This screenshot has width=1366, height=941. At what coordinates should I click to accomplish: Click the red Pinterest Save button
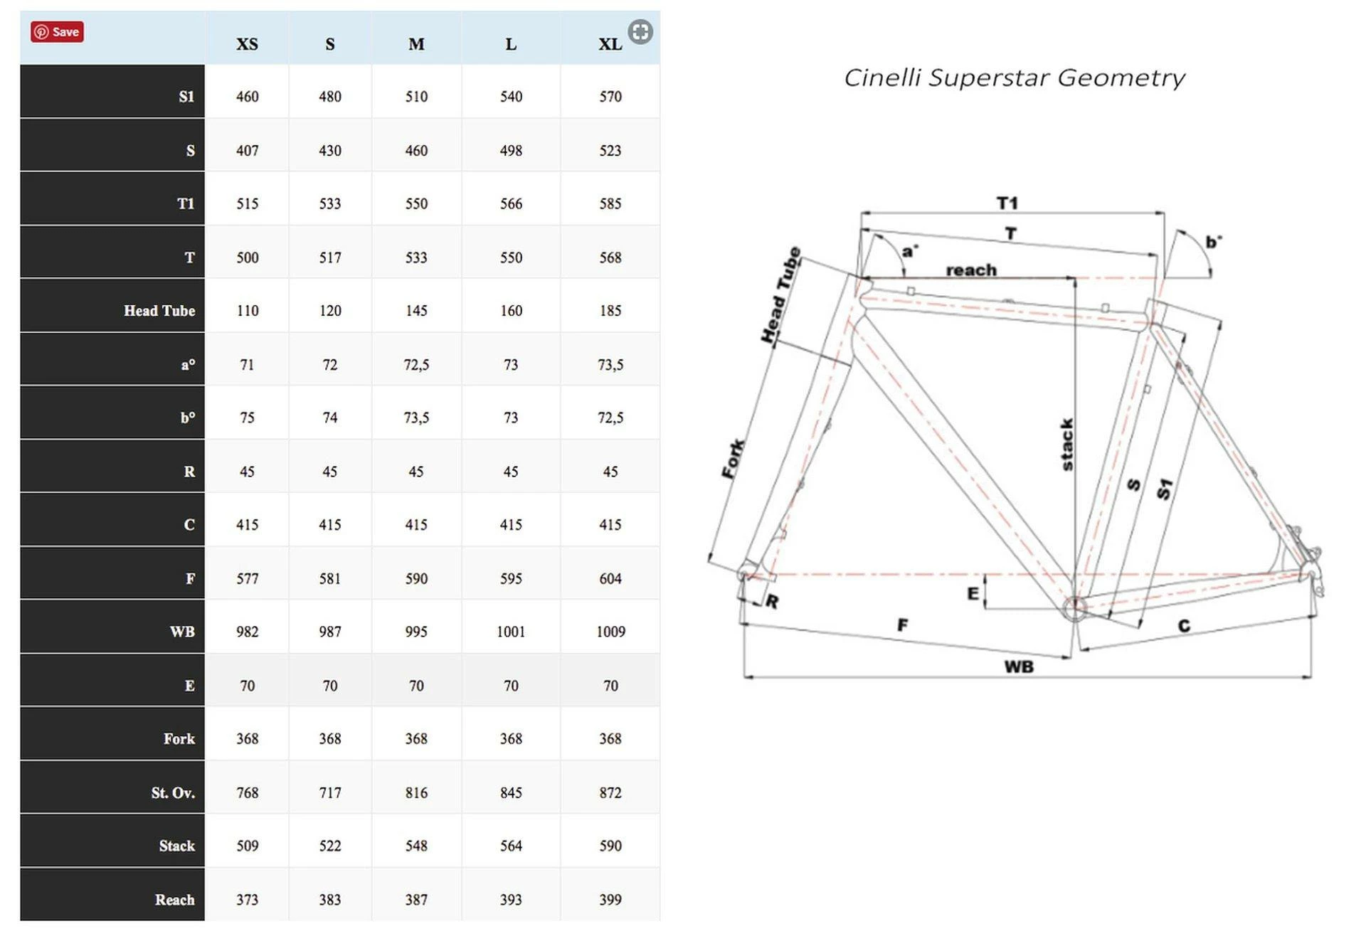pos(57,32)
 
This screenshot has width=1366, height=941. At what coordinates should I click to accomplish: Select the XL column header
pos(610,44)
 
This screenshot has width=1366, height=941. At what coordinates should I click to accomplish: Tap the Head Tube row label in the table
pos(159,311)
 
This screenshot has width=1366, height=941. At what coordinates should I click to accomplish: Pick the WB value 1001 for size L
pos(511,632)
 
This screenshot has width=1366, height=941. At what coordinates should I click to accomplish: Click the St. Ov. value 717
pos(329,792)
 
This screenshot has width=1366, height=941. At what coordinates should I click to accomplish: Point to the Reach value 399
pos(610,900)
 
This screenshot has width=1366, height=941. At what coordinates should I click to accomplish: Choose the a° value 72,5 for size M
pos(416,365)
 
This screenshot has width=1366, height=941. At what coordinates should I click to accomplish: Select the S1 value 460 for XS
pos(247,97)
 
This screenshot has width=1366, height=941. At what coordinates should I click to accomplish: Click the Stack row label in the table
pos(176,846)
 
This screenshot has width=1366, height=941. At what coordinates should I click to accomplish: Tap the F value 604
pos(610,578)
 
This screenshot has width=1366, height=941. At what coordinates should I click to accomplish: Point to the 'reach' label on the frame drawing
pos(971,270)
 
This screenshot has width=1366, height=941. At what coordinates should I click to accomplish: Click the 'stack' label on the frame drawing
pos(1066,445)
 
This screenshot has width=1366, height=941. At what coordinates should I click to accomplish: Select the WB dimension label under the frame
pos(1019,667)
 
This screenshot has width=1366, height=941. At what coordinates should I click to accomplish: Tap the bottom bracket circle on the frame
pos(1074,608)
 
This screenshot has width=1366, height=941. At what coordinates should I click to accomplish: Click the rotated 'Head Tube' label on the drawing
pos(781,295)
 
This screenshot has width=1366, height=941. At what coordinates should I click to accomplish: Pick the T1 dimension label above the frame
pos(1007,203)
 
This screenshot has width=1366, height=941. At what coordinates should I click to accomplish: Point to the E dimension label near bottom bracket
pos(973,593)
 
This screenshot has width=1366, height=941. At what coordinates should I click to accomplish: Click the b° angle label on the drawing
pos(1213,242)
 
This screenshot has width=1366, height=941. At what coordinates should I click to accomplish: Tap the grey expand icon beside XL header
pos(640,32)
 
